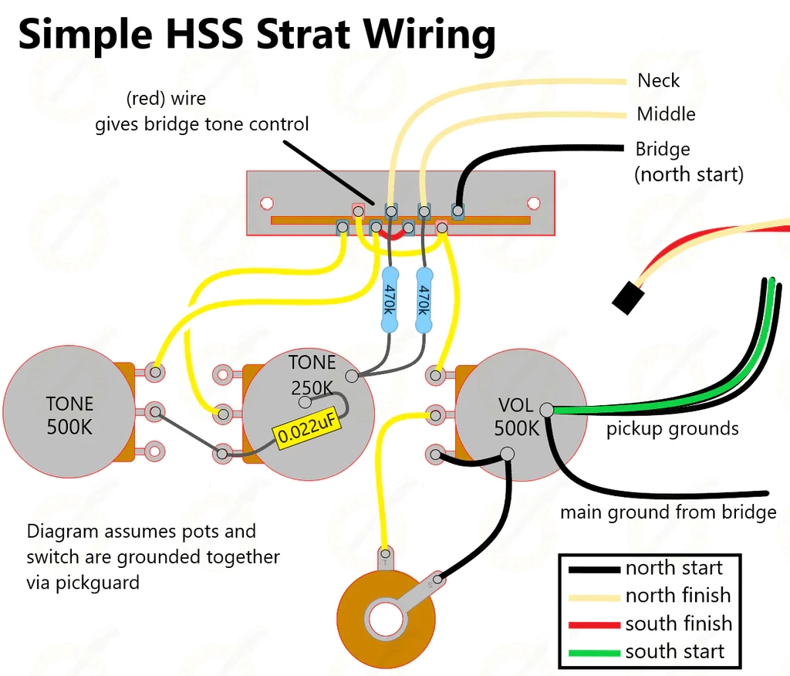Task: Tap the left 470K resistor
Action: tap(390, 300)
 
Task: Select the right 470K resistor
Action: tap(423, 300)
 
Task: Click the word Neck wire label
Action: tap(658, 80)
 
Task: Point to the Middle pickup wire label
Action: tap(666, 114)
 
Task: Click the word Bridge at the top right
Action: tap(662, 149)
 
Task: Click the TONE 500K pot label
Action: tap(69, 415)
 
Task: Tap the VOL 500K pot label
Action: tap(516, 417)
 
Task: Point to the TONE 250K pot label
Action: tap(312, 374)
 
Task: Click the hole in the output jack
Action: tap(386, 620)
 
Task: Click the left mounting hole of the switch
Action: tap(266, 204)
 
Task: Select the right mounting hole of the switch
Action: tap(533, 204)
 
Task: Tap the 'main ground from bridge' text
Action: tap(667, 512)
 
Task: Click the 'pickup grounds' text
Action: tap(672, 429)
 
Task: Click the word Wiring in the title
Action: tap(429, 35)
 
